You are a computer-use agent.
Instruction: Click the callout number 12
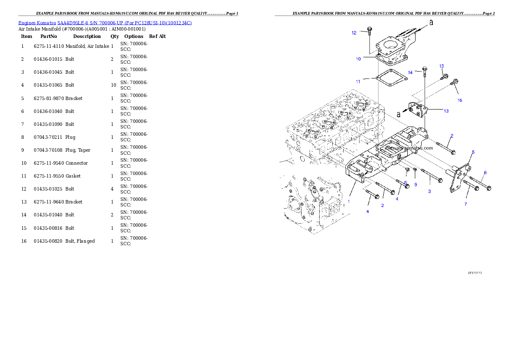(354, 33)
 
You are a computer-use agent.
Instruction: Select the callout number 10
(358, 59)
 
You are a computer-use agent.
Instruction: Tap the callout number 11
(358, 81)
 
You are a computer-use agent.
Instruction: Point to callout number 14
(410, 72)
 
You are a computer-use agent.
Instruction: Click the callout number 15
(441, 66)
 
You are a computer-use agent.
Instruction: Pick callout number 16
(460, 100)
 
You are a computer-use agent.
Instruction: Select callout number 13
(446, 111)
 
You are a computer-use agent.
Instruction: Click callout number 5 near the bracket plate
(473, 152)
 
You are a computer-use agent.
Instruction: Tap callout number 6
(485, 173)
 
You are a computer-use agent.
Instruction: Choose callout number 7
(466, 204)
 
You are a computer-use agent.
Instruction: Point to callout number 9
(416, 185)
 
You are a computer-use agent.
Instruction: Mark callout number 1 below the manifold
(349, 201)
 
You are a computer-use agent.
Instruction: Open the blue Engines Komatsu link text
(105, 22)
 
